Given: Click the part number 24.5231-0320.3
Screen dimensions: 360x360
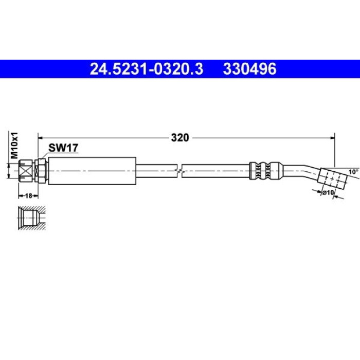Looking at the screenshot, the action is click(x=146, y=69).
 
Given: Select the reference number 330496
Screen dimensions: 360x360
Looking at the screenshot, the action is click(x=249, y=69).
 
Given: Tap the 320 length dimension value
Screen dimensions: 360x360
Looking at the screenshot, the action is click(x=180, y=138).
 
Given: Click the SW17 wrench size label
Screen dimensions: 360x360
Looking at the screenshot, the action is click(x=63, y=148).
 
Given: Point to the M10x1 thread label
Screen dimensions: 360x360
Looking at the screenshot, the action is click(x=14, y=146).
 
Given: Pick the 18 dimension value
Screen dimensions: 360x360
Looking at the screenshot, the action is click(x=28, y=196).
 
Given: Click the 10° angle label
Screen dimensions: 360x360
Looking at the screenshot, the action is click(x=353, y=172).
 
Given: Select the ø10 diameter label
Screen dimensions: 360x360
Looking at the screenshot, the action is click(x=328, y=192).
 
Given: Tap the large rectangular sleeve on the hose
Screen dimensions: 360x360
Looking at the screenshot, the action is click(x=92, y=171).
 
